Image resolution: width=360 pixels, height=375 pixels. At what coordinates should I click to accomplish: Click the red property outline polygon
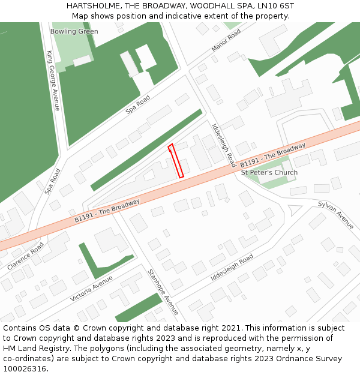[x=176, y=160]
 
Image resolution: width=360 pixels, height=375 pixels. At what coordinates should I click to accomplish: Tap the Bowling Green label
[x=74, y=31]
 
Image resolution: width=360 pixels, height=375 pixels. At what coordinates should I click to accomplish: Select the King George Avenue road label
[x=53, y=80]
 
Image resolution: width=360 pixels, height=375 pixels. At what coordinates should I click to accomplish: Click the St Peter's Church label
[x=269, y=173]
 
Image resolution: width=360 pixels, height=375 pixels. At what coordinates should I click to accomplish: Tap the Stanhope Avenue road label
[x=163, y=292]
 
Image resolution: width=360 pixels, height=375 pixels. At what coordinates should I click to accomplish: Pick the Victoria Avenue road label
[x=91, y=289]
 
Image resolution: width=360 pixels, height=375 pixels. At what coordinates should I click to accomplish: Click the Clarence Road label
[x=26, y=256]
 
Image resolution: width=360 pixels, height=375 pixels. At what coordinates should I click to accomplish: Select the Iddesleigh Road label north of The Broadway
[x=224, y=146]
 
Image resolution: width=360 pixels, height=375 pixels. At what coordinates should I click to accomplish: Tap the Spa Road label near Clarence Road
[x=53, y=181]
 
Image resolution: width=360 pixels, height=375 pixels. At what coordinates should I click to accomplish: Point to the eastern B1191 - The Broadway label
[x=273, y=155]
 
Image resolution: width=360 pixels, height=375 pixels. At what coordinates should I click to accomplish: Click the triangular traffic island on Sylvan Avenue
[x=295, y=211]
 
